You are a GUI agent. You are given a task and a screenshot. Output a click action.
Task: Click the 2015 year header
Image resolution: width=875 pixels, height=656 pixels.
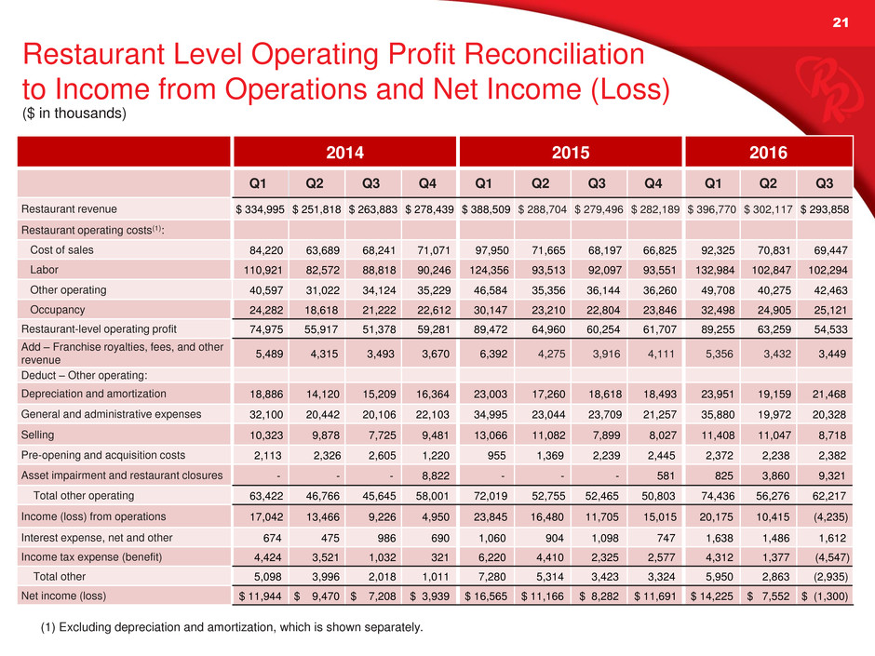570,152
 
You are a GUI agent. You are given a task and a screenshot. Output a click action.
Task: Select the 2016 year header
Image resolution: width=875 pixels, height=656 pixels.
769,152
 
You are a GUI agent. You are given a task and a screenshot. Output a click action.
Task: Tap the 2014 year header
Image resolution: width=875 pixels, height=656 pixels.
343,152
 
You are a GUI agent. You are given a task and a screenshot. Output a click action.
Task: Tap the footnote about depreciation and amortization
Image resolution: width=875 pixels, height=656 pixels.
223,628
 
